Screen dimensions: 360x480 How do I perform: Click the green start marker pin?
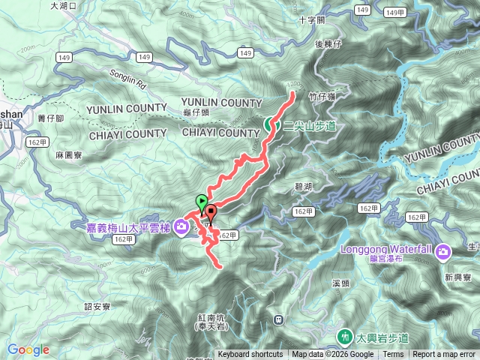(x=200, y=202)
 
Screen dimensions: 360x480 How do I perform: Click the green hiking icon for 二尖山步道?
(x=269, y=125)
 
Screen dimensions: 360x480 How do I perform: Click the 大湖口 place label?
(x=64, y=5)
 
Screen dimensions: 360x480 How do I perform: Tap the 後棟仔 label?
(x=328, y=45)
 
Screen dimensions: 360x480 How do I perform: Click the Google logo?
(x=28, y=349)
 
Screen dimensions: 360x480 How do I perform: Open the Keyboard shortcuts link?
(x=250, y=355)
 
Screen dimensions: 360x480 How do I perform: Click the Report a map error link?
(x=444, y=355)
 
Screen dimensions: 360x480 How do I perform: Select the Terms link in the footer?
(x=393, y=355)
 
